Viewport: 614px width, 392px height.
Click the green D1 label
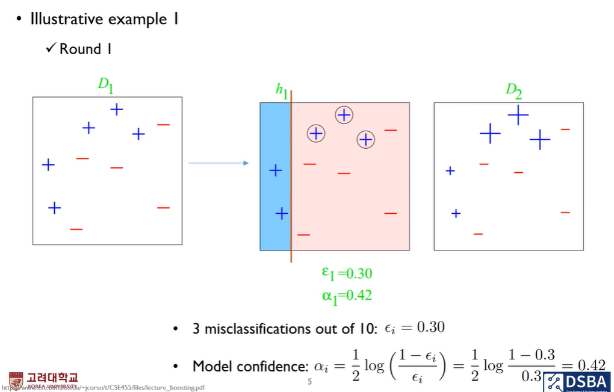[x=105, y=85]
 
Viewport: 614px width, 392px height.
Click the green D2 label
[x=513, y=91]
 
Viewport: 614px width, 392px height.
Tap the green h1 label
[x=282, y=90]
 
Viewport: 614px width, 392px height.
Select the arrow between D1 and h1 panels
[x=219, y=163]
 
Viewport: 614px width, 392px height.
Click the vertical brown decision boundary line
[x=291, y=181]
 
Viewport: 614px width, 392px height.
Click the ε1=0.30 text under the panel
[x=347, y=274]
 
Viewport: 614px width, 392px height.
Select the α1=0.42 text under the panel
[x=347, y=295]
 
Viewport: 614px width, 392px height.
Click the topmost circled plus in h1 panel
[x=344, y=114]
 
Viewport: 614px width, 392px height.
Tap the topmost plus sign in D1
[x=117, y=109]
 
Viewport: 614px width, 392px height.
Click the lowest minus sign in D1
[x=76, y=229]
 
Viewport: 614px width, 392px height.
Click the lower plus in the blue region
[x=282, y=213]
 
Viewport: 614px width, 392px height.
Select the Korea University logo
[x=43, y=380]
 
